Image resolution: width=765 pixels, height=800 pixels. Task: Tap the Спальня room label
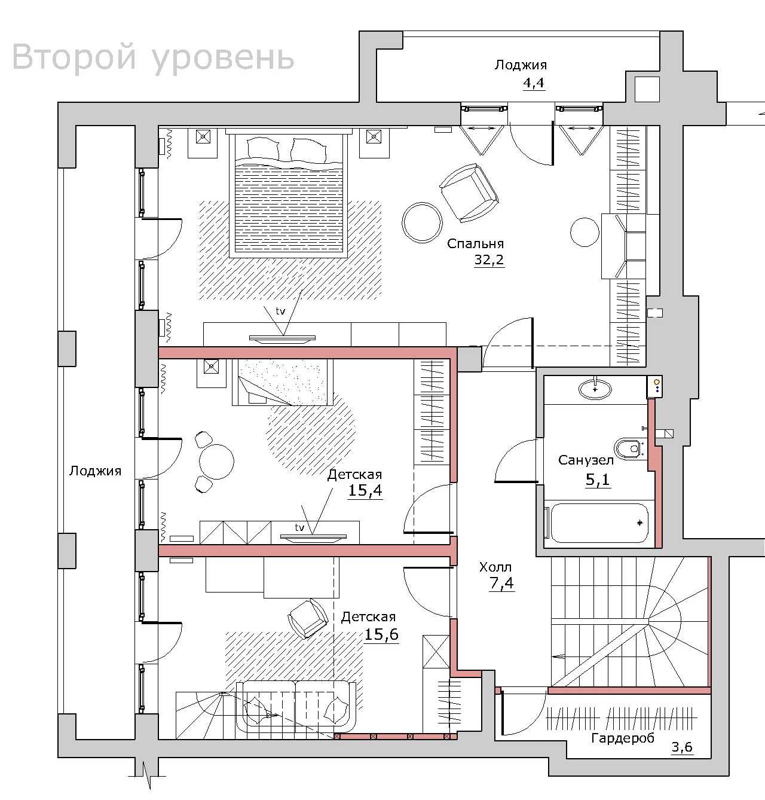[475, 244]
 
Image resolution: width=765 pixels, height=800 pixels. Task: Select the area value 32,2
[489, 260]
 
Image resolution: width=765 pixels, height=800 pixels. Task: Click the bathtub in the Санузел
[599, 523]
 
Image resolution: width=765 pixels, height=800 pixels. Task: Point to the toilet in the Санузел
[629, 448]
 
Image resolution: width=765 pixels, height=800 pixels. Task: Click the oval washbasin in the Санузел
[595, 389]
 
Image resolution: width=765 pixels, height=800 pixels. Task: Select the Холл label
[495, 567]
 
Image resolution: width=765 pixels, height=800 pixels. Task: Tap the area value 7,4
[501, 583]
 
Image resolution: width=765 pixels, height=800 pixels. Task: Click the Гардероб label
[622, 738]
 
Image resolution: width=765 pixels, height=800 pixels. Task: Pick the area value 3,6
[682, 747]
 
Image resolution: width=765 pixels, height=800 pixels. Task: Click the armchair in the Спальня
[469, 193]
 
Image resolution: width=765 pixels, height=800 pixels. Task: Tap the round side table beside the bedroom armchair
[423, 222]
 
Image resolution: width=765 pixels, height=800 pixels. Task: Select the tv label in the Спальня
[280, 311]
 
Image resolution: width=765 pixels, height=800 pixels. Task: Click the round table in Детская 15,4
[216, 462]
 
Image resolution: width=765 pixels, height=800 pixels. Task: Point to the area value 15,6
[381, 634]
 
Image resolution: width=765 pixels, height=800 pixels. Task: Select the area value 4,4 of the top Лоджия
[533, 83]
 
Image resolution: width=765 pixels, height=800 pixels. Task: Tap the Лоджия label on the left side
[95, 471]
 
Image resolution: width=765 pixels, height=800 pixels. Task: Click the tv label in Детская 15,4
[299, 527]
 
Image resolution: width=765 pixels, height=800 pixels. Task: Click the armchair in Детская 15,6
[307, 619]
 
